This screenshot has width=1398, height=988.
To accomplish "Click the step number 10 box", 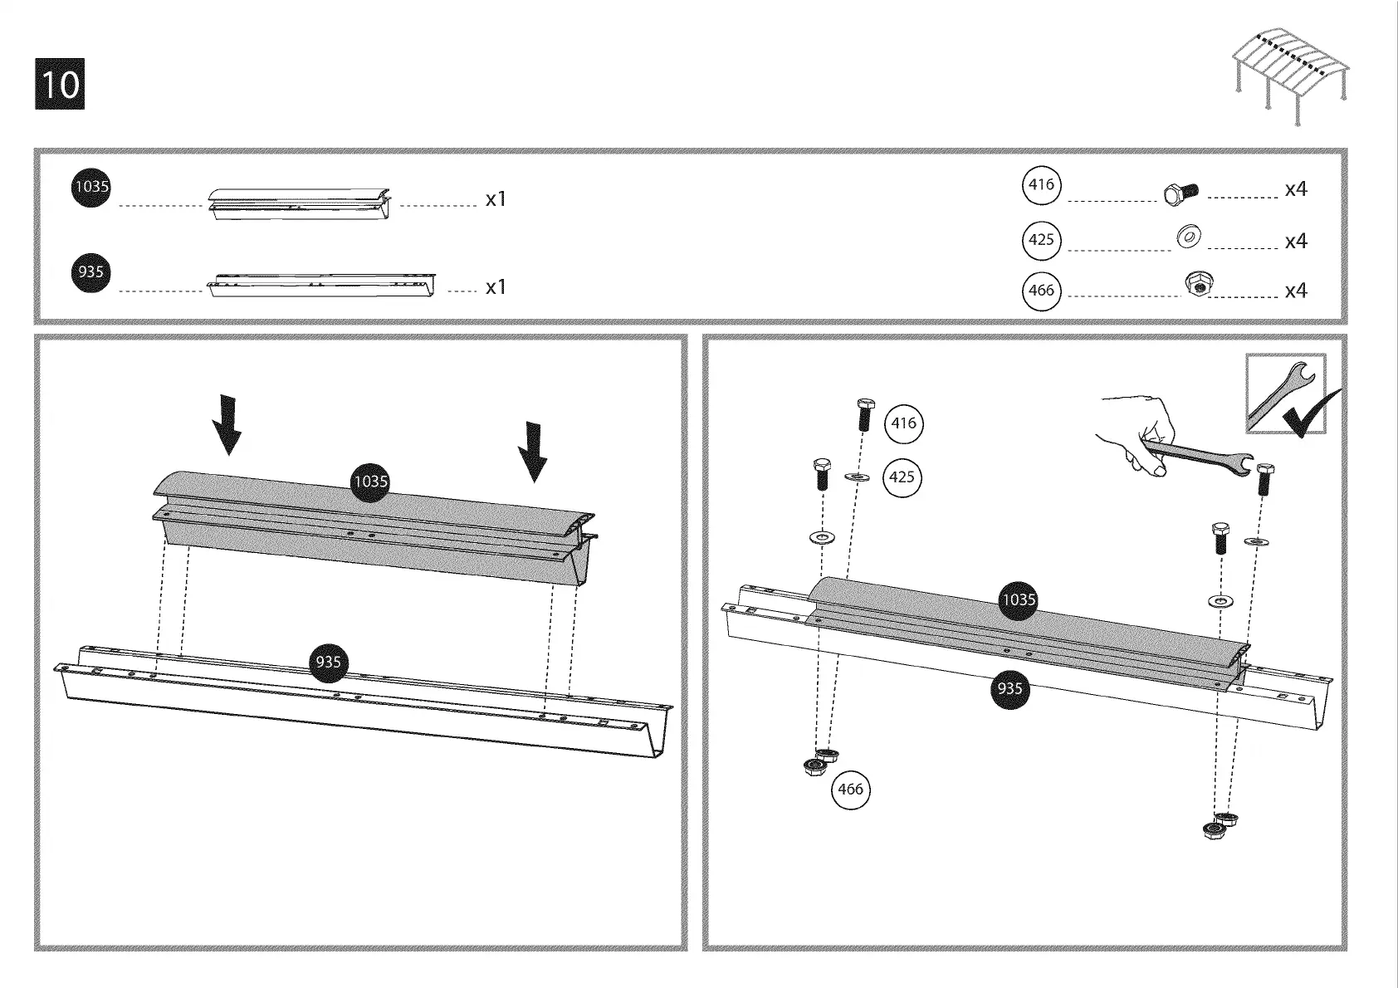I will tap(60, 84).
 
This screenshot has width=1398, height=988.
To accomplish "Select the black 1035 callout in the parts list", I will tap(90, 187).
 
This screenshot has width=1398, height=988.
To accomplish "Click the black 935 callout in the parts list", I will tap(90, 272).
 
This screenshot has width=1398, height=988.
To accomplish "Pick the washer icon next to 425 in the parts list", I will tap(1189, 238).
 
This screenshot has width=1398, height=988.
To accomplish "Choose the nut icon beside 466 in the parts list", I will tap(1195, 285).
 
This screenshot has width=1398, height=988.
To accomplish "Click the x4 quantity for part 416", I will tap(1296, 190).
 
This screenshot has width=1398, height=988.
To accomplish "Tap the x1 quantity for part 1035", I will tap(496, 200).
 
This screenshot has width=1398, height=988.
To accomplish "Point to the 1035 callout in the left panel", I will tap(370, 482).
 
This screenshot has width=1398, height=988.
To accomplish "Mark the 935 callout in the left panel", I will tap(328, 662).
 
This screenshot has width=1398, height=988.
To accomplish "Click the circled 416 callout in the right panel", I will tap(903, 423).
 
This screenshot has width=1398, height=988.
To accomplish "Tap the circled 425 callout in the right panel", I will tap(902, 477).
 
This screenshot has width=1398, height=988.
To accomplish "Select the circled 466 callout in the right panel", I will tap(851, 790).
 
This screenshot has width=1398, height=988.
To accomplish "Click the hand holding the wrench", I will tap(1146, 437).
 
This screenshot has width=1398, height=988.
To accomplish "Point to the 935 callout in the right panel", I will tap(1009, 688).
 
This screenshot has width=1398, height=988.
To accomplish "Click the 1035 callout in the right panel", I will tap(1019, 599).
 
